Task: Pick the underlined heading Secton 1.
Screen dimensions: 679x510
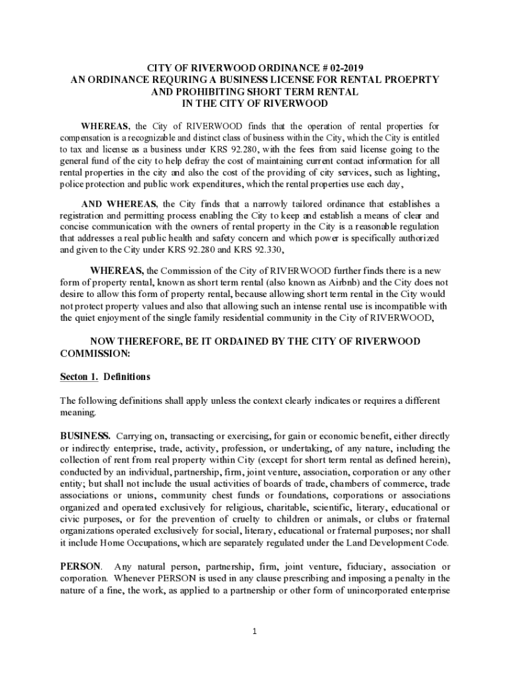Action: pos(79,377)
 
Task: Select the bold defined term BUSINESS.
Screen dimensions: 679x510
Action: pos(85,436)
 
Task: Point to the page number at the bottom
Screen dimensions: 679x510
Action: pos(255,631)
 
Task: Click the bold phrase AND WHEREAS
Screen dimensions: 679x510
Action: pos(118,203)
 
